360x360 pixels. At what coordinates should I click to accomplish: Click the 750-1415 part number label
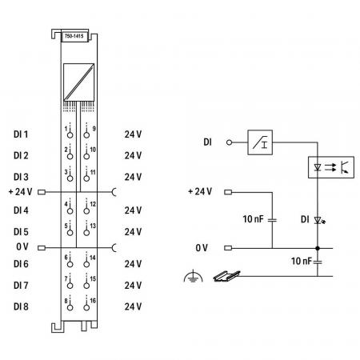(74, 36)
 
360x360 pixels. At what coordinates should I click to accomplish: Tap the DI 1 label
(21, 134)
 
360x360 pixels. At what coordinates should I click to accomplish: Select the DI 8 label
(21, 306)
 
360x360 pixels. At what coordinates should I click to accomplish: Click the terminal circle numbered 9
(86, 135)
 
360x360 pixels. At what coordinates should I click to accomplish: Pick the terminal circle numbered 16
(86, 307)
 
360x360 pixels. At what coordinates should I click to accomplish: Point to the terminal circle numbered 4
(70, 211)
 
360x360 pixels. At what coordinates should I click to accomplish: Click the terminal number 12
(93, 204)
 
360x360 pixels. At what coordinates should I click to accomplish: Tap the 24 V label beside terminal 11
(133, 177)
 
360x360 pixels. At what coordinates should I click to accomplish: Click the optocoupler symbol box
(331, 167)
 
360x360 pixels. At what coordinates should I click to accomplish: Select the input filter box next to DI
(260, 142)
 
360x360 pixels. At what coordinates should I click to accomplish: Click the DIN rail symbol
(226, 276)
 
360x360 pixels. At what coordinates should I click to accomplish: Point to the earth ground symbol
(193, 276)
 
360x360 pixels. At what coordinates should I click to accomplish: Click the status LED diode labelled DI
(318, 220)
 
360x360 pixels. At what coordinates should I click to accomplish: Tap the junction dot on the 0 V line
(318, 248)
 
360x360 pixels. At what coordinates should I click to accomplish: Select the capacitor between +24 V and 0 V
(272, 220)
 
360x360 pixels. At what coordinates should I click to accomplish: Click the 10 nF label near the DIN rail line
(301, 261)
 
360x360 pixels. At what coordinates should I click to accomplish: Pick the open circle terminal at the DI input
(229, 142)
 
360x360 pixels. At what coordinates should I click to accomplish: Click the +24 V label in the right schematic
(200, 191)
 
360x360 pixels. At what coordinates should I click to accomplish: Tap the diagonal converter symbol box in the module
(78, 82)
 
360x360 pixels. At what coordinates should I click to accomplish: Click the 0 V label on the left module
(22, 246)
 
